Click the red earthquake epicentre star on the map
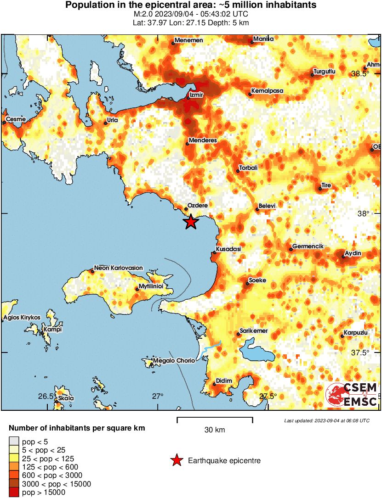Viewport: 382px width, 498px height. (x=191, y=222)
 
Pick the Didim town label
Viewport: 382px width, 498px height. (x=224, y=381)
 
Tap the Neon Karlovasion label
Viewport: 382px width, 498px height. (x=118, y=268)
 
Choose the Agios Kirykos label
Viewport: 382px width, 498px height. (x=22, y=318)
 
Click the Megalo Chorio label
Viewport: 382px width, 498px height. (x=174, y=361)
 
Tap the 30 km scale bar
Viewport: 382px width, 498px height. (x=215, y=418)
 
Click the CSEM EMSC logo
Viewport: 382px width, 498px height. (x=351, y=395)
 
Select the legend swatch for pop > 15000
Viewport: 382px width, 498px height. (x=14, y=492)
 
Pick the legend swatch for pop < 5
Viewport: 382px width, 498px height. (x=14, y=442)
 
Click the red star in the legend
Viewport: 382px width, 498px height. (x=176, y=460)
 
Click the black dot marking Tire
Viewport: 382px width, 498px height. (x=320, y=189)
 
